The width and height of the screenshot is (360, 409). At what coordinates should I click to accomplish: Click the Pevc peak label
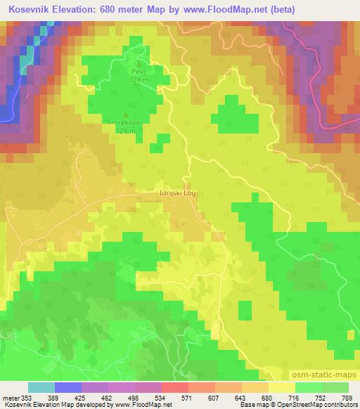(x=136, y=72)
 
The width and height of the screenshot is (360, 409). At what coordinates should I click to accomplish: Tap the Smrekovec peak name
(x=126, y=123)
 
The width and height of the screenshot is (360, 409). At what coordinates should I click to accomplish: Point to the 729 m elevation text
(x=126, y=131)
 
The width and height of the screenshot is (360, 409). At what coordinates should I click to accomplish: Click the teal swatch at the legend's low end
(x=41, y=387)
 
